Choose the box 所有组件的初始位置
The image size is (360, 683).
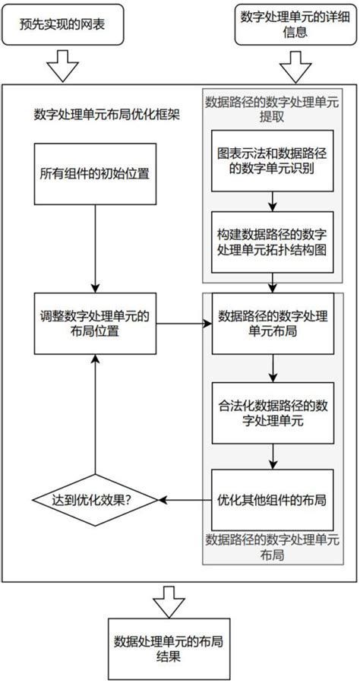tap(94, 172)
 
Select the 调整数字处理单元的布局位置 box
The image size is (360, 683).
tap(94, 324)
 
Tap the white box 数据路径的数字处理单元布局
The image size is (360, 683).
tap(272, 324)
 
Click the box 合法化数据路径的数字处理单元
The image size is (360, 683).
tap(272, 413)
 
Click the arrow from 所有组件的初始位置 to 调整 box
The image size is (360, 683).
tap(94, 250)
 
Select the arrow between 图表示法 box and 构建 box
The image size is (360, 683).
tap(272, 201)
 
